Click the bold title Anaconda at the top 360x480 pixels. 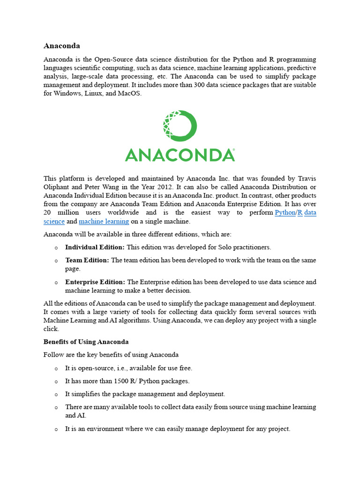point(62,46)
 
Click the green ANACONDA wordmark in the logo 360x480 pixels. point(180,155)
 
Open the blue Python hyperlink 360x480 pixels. point(285,213)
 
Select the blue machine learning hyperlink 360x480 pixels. point(104,221)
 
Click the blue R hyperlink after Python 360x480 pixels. point(300,213)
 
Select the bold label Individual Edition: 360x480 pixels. point(95,247)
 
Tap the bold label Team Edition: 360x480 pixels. point(87,260)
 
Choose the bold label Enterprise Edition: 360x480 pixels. point(95,282)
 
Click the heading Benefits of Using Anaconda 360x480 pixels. point(86,342)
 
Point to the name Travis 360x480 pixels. point(305,179)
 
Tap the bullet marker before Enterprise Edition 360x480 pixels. point(56,283)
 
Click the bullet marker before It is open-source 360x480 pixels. point(56,368)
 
